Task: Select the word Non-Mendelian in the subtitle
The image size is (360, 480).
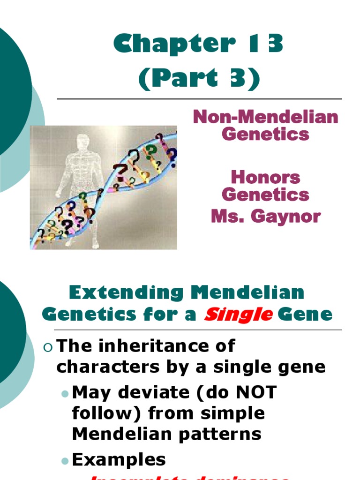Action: pyautogui.click(x=265, y=117)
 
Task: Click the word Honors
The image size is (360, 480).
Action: pyautogui.click(x=265, y=177)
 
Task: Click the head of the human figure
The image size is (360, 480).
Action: pyautogui.click(x=83, y=142)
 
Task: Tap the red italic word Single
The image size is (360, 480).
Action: pyautogui.click(x=238, y=315)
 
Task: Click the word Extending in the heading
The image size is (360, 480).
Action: pyautogui.click(x=125, y=293)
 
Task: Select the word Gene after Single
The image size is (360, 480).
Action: pyautogui.click(x=305, y=315)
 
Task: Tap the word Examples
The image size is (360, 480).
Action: pyautogui.click(x=119, y=460)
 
